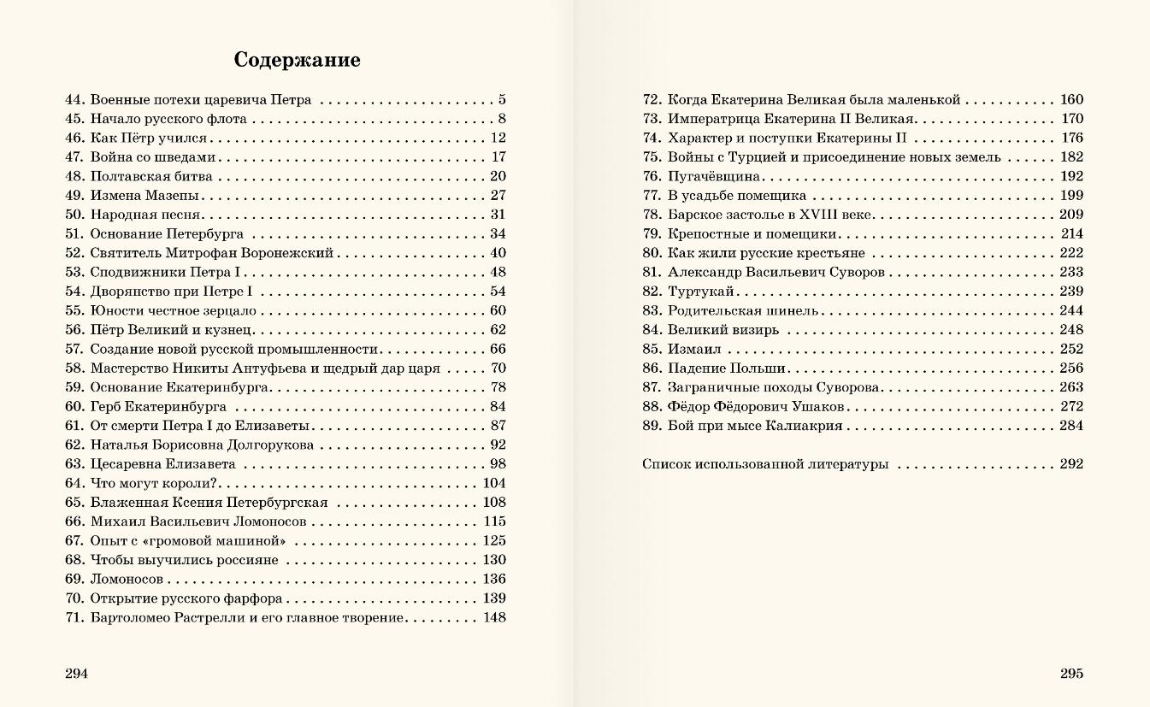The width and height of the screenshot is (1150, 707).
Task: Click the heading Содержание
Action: tap(297, 61)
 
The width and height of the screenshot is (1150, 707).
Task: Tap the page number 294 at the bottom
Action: tap(76, 673)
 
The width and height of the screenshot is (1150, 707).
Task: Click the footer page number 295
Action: tap(1071, 673)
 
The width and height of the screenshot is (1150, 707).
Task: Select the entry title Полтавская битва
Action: tap(151, 176)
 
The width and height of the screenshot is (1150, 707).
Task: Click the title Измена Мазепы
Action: tap(144, 195)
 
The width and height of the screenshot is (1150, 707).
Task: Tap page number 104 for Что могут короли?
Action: tap(494, 483)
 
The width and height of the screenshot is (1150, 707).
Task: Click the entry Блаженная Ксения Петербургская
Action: tap(209, 503)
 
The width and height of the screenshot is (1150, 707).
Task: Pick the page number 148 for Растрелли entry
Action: tap(494, 617)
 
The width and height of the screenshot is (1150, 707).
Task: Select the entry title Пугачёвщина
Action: tap(714, 176)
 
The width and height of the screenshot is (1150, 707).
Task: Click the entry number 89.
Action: tap(652, 426)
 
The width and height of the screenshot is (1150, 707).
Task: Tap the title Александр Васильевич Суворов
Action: tap(776, 272)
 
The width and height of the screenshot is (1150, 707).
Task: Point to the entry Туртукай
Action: tap(700, 292)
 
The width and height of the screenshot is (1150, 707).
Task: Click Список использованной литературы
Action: tap(764, 464)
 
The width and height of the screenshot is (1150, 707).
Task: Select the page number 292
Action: tap(1071, 464)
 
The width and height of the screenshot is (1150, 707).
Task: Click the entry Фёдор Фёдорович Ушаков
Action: tap(756, 406)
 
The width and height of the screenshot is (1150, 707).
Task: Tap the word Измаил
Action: tap(694, 349)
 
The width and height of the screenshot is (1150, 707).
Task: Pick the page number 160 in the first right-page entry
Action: tap(1071, 99)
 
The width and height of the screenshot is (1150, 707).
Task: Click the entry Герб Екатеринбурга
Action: tap(158, 406)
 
